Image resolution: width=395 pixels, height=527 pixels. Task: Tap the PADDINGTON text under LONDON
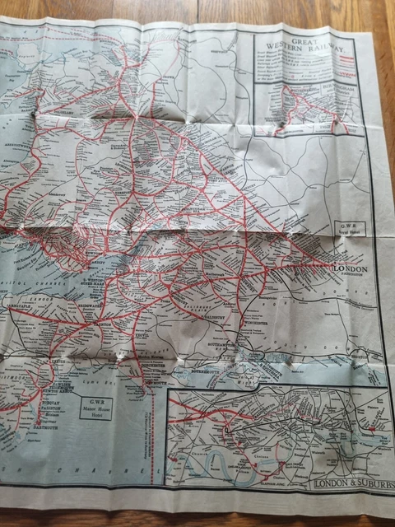[347, 276]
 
